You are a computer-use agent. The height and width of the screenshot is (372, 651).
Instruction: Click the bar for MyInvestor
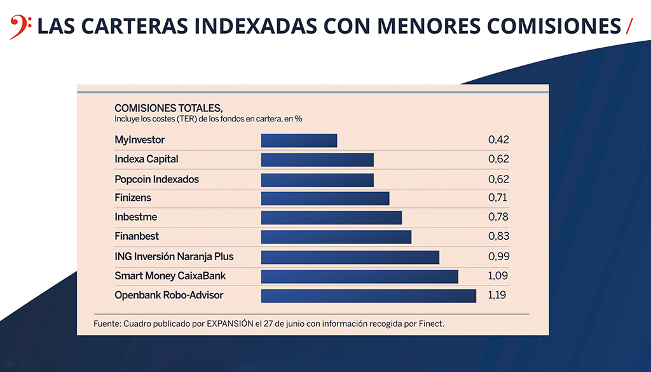299,141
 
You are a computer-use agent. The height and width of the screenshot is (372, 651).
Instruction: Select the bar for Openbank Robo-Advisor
368,296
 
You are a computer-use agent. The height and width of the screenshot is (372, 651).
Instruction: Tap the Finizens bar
325,198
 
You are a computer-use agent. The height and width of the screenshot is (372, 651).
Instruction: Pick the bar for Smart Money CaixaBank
359,277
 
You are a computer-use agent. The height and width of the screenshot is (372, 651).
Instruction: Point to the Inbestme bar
331,217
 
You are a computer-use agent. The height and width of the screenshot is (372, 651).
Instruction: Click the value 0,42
498,140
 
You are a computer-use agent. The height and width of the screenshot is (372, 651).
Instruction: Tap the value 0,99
498,257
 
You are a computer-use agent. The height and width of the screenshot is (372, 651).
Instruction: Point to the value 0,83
498,237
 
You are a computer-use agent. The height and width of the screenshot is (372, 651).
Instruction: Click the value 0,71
497,198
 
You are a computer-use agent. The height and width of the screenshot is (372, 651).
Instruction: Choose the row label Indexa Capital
146,159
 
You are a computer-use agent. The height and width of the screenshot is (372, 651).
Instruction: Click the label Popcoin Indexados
156,179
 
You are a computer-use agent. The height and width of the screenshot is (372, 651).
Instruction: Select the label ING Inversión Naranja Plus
174,257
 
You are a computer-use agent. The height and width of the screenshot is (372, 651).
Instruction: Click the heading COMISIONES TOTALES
168,108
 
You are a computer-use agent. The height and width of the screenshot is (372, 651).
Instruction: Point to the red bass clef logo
18,27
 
